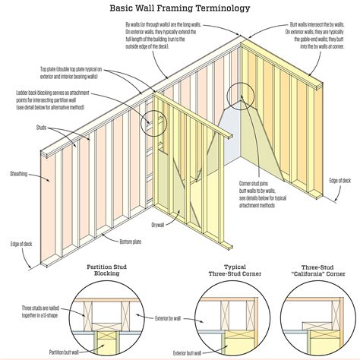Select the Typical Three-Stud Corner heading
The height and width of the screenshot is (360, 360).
(x=231, y=271)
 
